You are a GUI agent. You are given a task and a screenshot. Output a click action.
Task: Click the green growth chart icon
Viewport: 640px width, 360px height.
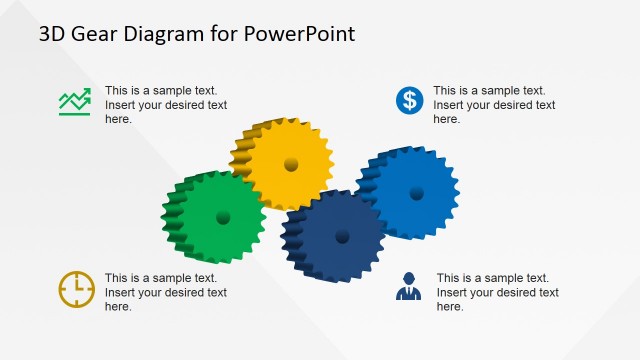point(74,101)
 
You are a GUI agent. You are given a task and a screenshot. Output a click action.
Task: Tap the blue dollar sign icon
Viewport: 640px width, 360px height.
point(408,100)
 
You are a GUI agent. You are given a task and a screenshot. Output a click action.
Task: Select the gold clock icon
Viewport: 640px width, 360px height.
point(76,288)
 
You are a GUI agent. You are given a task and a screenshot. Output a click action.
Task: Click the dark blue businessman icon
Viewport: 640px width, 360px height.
point(408,287)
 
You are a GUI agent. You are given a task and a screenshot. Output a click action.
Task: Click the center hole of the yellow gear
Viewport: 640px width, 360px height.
point(291,164)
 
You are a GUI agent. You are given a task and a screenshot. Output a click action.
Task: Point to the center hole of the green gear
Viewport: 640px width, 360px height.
point(223,217)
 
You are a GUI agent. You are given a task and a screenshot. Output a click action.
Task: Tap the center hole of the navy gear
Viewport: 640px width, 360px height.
point(342,236)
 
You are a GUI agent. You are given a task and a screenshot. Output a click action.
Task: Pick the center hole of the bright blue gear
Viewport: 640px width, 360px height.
point(416,193)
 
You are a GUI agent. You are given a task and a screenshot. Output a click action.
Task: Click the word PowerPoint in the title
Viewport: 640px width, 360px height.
point(304,35)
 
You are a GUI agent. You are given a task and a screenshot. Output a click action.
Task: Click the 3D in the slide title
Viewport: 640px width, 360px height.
point(53,35)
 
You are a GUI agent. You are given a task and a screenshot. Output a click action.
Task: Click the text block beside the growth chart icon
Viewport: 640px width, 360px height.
point(165,105)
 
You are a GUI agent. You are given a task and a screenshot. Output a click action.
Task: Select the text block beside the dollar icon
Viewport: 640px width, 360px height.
point(494,105)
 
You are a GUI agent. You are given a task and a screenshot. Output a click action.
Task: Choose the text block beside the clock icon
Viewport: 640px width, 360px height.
point(165,292)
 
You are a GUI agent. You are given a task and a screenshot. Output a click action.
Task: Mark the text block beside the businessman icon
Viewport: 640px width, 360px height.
point(497,292)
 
